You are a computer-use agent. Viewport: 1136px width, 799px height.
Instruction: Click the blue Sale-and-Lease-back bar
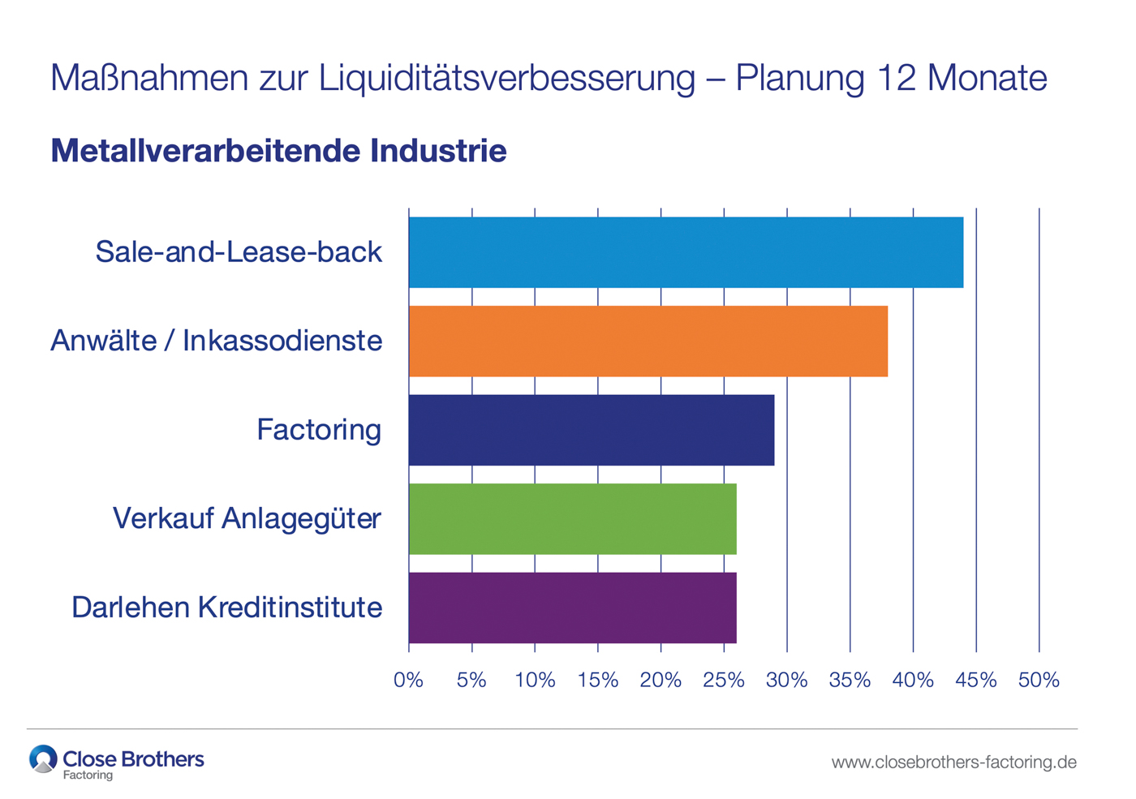click(x=686, y=252)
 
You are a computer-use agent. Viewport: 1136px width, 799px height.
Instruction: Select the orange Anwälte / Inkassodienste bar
click(x=648, y=342)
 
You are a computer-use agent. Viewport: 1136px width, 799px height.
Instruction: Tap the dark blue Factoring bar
click(x=591, y=430)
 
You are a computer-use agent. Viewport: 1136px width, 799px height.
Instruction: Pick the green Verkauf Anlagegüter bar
click(x=572, y=519)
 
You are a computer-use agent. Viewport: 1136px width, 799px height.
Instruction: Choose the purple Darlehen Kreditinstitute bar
click(x=572, y=608)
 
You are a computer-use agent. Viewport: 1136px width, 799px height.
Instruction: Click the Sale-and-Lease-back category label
click(x=239, y=252)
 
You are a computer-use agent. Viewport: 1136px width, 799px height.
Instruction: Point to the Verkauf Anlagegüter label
click(x=247, y=518)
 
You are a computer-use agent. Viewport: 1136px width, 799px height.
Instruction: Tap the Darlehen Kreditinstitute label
click(x=226, y=608)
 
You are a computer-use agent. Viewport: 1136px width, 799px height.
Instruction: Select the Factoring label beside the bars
click(x=318, y=430)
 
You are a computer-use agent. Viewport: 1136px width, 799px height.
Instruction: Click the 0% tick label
click(x=408, y=681)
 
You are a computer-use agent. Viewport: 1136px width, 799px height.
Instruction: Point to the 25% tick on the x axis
click(x=723, y=681)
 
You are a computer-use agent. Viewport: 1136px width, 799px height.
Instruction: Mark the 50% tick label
click(x=1039, y=681)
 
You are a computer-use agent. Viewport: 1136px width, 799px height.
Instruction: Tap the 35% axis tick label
click(x=850, y=681)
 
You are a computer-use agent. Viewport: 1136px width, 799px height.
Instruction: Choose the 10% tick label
click(x=535, y=681)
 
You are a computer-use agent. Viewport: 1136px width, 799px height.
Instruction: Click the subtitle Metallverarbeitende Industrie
click(x=278, y=151)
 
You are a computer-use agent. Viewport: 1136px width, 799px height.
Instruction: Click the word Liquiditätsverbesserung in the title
click(x=507, y=79)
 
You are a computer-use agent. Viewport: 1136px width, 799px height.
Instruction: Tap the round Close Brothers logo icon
click(x=43, y=759)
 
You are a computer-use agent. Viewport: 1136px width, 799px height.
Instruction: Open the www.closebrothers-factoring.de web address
click(x=953, y=762)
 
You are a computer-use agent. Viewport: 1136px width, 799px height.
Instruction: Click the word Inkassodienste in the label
click(x=282, y=341)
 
